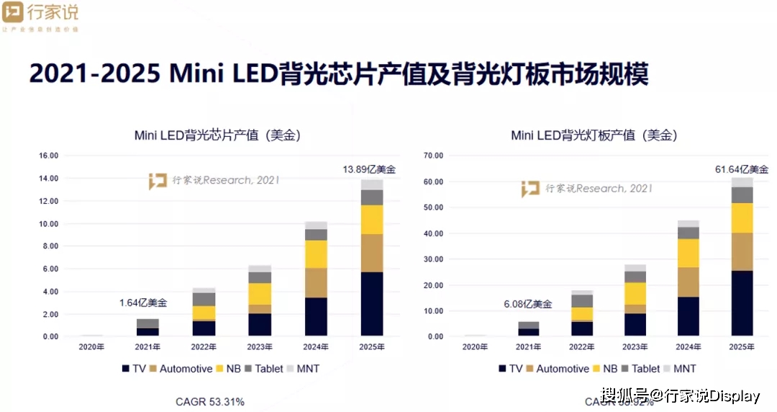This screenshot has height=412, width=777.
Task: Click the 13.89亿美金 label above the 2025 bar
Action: [x=368, y=169]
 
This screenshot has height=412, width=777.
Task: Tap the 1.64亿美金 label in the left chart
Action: [x=143, y=303]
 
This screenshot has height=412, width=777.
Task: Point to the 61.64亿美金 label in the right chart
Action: [x=742, y=169]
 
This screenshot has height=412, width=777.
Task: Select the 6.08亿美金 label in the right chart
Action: [x=527, y=304]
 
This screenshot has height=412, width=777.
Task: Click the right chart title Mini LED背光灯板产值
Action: [x=594, y=135]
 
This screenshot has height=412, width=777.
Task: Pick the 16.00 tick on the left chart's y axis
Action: [x=48, y=156]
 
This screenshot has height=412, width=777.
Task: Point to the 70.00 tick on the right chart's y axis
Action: [x=433, y=156]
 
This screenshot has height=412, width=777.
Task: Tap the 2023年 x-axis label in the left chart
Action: [x=260, y=347]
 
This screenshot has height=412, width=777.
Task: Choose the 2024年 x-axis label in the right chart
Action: [x=689, y=347]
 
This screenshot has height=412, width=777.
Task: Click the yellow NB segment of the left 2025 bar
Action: [x=372, y=220]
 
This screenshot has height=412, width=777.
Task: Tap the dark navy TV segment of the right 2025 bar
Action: [x=742, y=303]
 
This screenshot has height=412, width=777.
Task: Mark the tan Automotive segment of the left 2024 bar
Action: [x=316, y=282]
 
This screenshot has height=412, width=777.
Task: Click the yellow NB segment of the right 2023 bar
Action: [x=635, y=293]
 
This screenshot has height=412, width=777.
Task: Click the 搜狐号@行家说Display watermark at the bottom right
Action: [x=681, y=395]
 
